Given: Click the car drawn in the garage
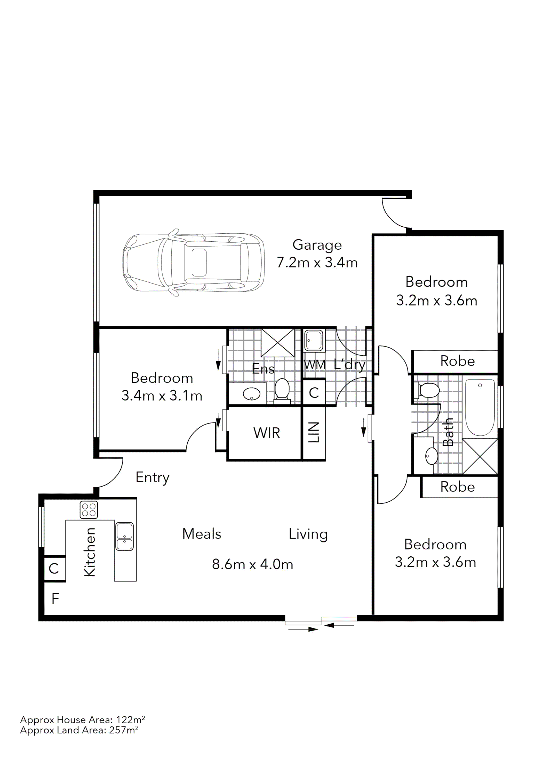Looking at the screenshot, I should click(x=194, y=262).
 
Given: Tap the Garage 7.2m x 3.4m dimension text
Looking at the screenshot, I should click(x=317, y=262).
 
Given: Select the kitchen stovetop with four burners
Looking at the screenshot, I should click(x=89, y=510).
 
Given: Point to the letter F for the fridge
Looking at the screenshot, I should click(x=55, y=599).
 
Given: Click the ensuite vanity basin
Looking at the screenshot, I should click(x=251, y=394).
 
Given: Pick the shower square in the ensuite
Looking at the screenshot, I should click(x=277, y=343).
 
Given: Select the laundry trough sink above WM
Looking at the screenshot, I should click(x=314, y=341).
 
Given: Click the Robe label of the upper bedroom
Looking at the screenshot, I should click(x=457, y=361).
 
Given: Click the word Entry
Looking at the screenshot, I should click(x=153, y=477).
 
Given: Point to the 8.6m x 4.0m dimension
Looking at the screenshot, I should click(x=253, y=564).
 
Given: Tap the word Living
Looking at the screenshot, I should click(x=308, y=534).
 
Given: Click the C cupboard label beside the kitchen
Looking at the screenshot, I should click(x=54, y=569).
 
